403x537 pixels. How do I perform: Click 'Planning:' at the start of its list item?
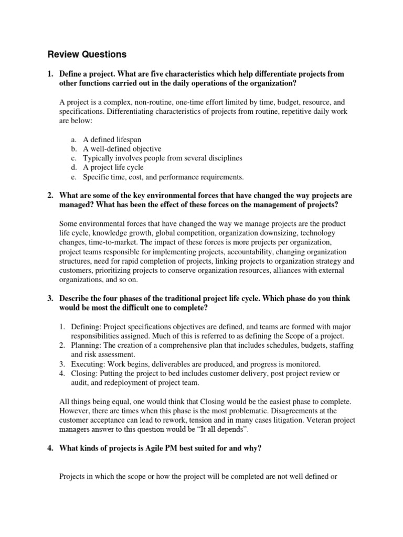click(87, 345)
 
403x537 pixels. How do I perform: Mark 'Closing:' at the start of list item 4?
click(85, 373)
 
